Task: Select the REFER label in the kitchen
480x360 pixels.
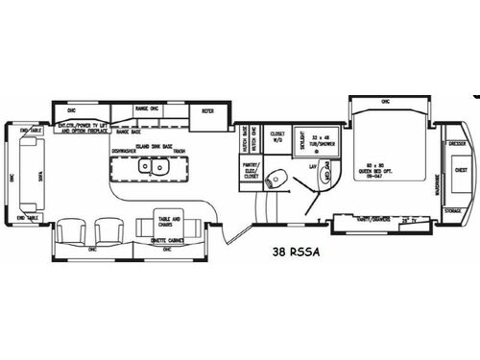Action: pos(206,112)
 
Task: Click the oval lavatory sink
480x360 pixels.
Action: pos(325,176)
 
